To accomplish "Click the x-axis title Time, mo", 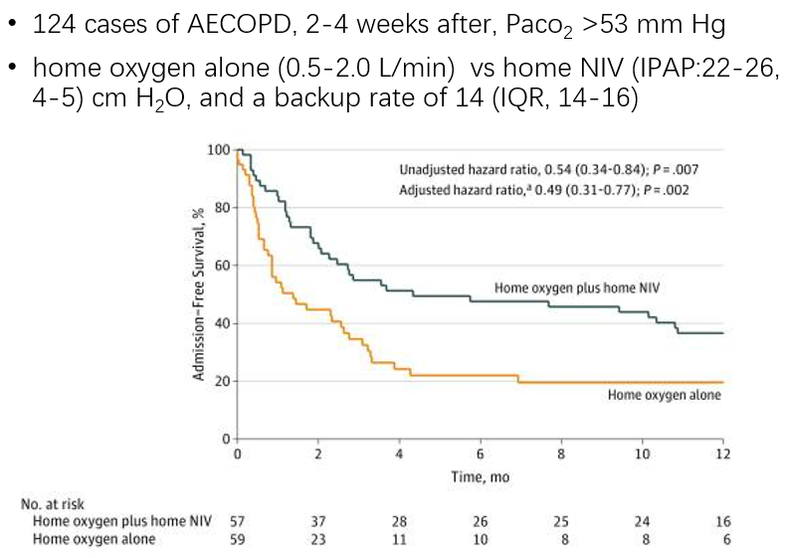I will tap(480, 476).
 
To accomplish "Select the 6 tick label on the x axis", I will tap(480, 455).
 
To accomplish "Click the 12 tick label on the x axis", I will tap(722, 455).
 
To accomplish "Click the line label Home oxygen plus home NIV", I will tap(578, 287).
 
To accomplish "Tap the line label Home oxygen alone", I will tap(664, 395).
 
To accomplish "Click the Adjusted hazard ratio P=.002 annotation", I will tap(544, 189).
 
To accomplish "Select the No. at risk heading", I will tap(52, 505).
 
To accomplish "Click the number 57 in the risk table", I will tap(237, 521).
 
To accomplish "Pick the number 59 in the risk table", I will tap(237, 539).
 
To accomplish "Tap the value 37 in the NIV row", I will tap(318, 521).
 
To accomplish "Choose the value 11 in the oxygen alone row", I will tap(399, 539).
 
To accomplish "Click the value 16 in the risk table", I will tap(722, 521).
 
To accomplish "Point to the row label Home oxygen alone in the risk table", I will tap(95, 539).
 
